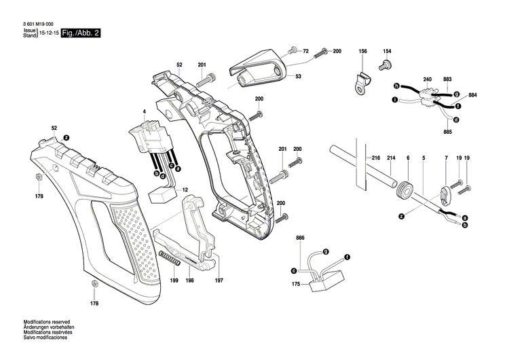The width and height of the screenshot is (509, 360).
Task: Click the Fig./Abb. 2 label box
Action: (81, 33)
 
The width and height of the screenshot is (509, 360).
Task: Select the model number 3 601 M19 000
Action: (39, 24)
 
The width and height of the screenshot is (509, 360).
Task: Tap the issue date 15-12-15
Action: (48, 33)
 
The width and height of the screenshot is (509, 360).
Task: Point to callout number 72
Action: (305, 52)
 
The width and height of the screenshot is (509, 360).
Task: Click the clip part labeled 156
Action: (362, 82)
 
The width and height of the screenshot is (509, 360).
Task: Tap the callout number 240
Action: (428, 80)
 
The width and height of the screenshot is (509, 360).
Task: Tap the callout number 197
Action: (219, 281)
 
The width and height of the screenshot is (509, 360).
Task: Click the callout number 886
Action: (300, 238)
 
